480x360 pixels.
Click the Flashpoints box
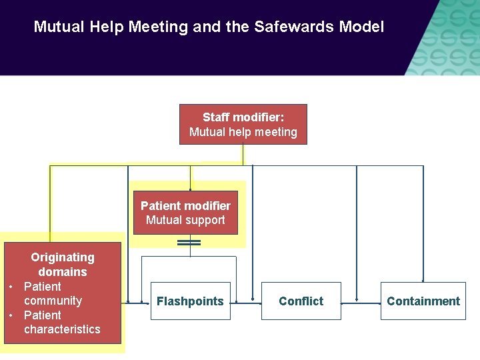pyautogui.click(x=190, y=301)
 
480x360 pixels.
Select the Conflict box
pyautogui.click(x=301, y=301)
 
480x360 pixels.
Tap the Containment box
pyautogui.click(x=423, y=301)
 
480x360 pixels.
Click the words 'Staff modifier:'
pyautogui.click(x=243, y=117)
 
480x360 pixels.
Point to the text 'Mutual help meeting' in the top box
pyautogui.click(x=243, y=132)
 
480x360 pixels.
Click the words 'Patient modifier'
pyautogui.click(x=185, y=205)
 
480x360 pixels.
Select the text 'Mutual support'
pyautogui.click(x=185, y=220)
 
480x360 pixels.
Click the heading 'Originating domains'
pyautogui.click(x=63, y=264)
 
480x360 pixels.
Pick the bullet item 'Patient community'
pyautogui.click(x=52, y=293)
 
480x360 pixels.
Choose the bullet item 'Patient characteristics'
pyautogui.click(x=61, y=322)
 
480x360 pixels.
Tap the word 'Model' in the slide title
pyautogui.click(x=362, y=27)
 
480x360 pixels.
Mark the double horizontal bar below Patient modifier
pyautogui.click(x=189, y=243)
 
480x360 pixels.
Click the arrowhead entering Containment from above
pyautogui.click(x=423, y=280)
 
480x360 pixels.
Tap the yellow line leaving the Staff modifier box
pyautogui.click(x=243, y=155)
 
